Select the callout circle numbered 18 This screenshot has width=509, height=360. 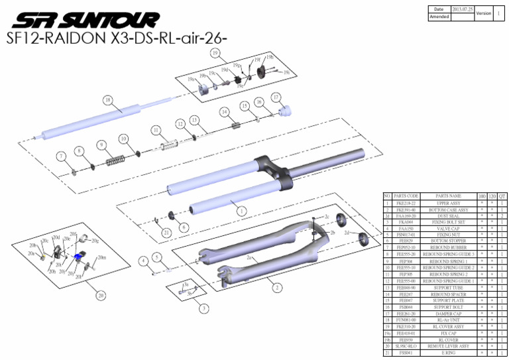pyautogui.click(x=107, y=100)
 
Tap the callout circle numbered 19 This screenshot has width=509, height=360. pyautogui.click(x=215, y=52)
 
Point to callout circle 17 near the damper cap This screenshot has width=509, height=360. pyautogui.click(x=276, y=97)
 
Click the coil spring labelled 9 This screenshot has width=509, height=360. pyautogui.click(x=117, y=160)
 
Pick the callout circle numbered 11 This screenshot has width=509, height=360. pyautogui.click(x=156, y=130)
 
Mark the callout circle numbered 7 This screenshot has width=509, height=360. pyautogui.click(x=61, y=156)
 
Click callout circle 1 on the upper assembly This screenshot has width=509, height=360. pyautogui.click(x=241, y=210)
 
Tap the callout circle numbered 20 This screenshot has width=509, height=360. pyautogui.click(x=101, y=294)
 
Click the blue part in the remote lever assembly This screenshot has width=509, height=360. pyautogui.click(x=79, y=257)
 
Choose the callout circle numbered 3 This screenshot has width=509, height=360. pyautogui.click(x=204, y=308)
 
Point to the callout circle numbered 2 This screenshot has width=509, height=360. pyautogui.click(x=276, y=288)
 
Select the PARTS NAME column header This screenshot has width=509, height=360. pyautogui.click(x=448, y=196)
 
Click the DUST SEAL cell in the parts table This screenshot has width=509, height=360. pyautogui.click(x=448, y=215)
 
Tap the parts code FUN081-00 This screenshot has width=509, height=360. pyautogui.click(x=406, y=320)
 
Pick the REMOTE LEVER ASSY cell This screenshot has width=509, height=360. pyautogui.click(x=448, y=345)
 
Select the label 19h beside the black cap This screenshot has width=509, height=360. pyautogui.click(x=270, y=58)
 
